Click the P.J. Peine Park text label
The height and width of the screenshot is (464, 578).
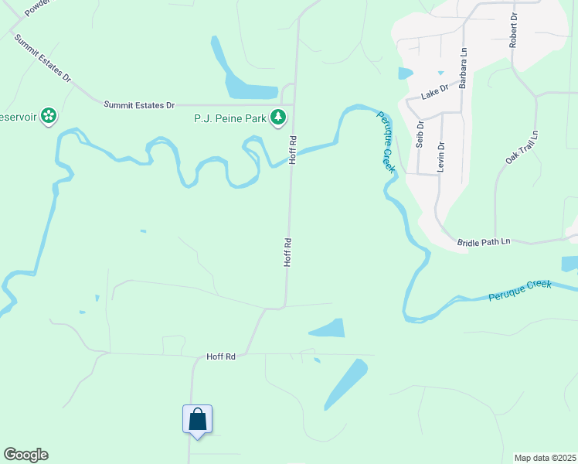(229, 119)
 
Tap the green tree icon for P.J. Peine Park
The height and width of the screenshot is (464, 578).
(278, 118)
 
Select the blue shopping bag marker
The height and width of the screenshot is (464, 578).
(197, 419)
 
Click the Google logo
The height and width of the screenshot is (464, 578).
(25, 455)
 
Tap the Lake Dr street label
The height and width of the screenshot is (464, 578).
(434, 92)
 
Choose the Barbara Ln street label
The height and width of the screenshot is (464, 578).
(463, 68)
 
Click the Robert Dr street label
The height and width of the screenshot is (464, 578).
(512, 30)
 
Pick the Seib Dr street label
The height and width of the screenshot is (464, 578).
(420, 134)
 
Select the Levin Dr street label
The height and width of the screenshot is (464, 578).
(441, 156)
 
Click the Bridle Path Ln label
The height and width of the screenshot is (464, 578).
(484, 242)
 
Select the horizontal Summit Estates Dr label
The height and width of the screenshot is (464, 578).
(139, 104)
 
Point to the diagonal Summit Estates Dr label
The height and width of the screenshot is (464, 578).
(42, 59)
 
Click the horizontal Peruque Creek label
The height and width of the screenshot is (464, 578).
(520, 290)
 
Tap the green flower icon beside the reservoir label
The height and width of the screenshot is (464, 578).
(49, 116)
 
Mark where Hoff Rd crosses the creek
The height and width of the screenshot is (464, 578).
(292, 152)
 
